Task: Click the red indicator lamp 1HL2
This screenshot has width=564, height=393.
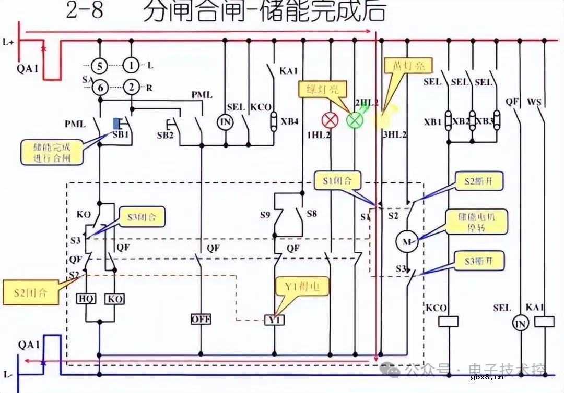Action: (x=330, y=120)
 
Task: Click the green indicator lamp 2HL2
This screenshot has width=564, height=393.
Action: (x=355, y=120)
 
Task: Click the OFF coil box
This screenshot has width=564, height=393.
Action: (x=201, y=319)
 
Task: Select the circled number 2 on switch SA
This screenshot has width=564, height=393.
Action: (x=132, y=88)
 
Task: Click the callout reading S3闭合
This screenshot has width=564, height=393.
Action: (x=142, y=216)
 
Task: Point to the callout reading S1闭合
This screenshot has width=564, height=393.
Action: (x=338, y=182)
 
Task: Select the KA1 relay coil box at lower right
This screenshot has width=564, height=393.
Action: (x=545, y=322)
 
